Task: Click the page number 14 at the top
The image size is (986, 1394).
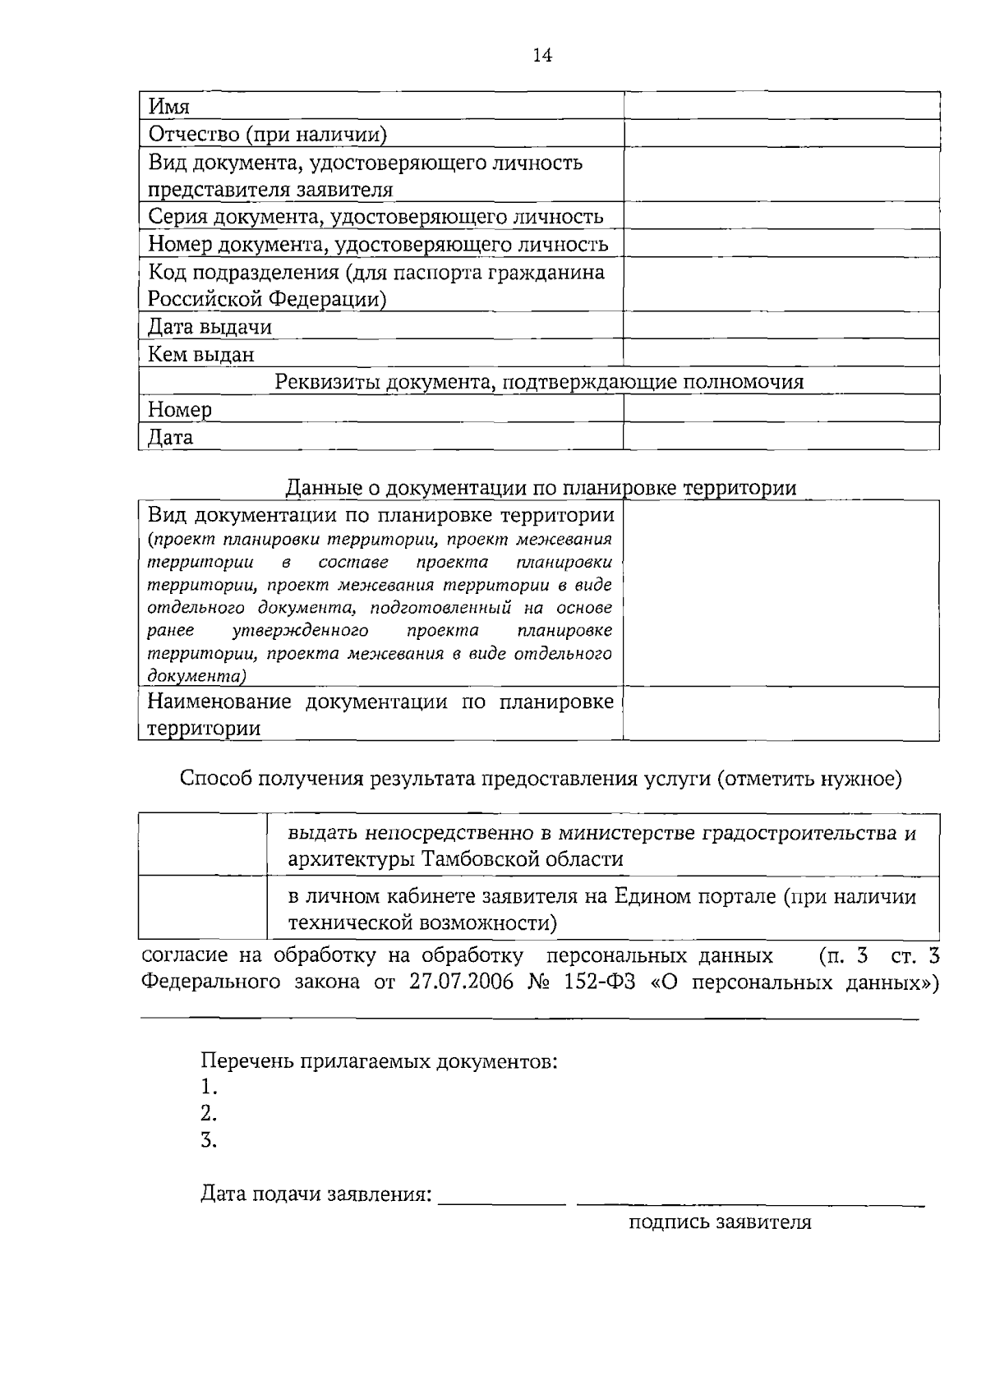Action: pyautogui.click(x=542, y=55)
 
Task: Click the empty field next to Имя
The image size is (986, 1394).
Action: pyautogui.click(x=781, y=106)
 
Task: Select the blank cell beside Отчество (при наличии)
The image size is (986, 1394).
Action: pyautogui.click(x=781, y=134)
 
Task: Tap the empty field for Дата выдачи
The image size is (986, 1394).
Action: pyautogui.click(x=781, y=326)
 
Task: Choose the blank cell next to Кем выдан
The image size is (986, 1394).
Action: pyautogui.click(x=781, y=353)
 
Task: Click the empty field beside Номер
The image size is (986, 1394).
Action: pyautogui.click(x=781, y=408)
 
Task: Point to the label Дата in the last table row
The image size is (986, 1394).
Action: pyautogui.click(x=171, y=437)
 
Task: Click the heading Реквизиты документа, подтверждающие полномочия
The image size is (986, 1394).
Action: pyautogui.click(x=539, y=381)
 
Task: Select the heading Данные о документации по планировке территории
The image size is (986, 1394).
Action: pyautogui.click(x=541, y=488)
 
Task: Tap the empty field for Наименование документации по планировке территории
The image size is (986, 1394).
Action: pyautogui.click(x=781, y=714)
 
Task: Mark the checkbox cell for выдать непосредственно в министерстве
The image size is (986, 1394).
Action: pyautogui.click(x=203, y=844)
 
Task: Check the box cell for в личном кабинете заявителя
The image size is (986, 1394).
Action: pyautogui.click(x=203, y=908)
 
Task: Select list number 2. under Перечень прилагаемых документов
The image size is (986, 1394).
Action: pyautogui.click(x=209, y=1113)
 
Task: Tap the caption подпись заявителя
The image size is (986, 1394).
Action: pyautogui.click(x=720, y=1222)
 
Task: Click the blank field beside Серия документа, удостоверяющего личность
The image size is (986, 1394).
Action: pyautogui.click(x=781, y=216)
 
